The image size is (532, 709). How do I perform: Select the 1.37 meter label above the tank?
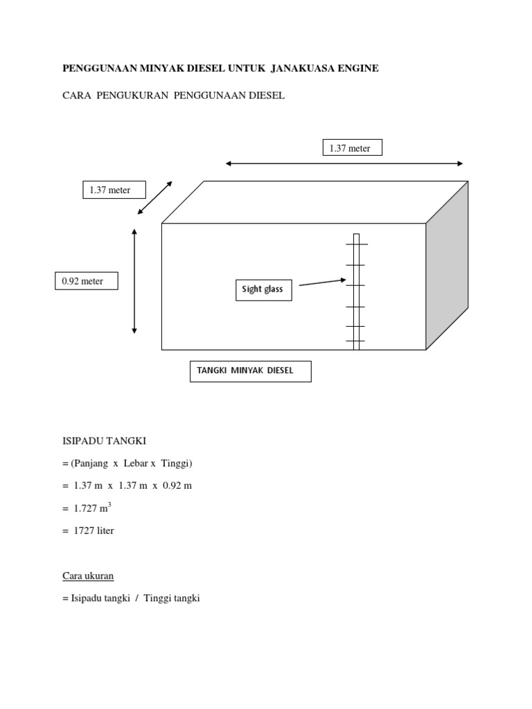coord(353,148)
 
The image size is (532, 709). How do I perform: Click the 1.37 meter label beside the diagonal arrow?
coord(114,190)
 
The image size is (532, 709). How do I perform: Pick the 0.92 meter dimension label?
coord(87,281)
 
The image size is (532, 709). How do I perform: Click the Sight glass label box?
coord(264,290)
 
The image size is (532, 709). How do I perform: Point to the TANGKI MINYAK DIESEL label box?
coord(251,371)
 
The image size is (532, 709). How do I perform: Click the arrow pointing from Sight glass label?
coord(323,282)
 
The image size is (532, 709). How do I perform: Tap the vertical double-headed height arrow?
coord(134,281)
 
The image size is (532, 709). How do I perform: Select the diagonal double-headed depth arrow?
coord(155,197)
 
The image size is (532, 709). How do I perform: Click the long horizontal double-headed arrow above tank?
coord(344,163)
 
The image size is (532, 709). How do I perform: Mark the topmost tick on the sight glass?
coord(357,244)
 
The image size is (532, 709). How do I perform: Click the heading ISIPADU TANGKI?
coord(104,441)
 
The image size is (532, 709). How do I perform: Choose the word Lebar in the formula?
coord(136,463)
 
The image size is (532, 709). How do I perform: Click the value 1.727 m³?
coord(92,508)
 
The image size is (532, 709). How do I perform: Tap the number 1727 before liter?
coord(84,530)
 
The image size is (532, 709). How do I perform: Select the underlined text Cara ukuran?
coord(88,575)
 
